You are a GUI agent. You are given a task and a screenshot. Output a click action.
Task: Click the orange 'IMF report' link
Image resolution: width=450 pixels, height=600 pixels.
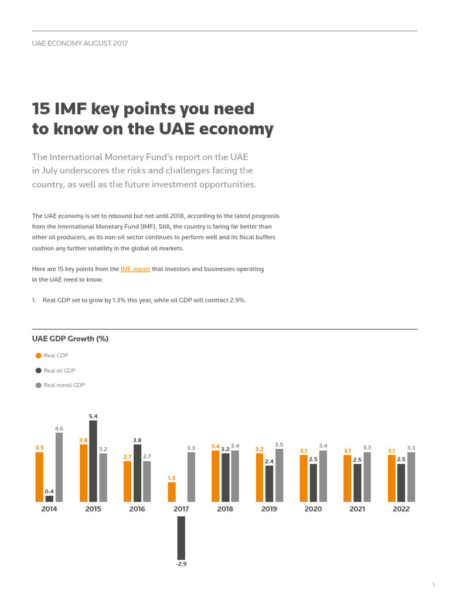(135, 269)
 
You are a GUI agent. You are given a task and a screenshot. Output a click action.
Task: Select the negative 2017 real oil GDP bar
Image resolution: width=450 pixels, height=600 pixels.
(181, 537)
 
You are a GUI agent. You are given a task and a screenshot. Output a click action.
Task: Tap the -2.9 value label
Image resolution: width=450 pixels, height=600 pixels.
(181, 564)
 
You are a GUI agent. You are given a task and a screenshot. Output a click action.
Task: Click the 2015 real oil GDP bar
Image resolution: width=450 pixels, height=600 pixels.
(93, 461)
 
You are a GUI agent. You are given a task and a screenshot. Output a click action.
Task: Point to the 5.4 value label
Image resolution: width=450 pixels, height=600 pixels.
(93, 416)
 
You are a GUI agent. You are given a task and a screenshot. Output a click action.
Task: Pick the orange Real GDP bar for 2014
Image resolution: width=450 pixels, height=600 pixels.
(39, 476)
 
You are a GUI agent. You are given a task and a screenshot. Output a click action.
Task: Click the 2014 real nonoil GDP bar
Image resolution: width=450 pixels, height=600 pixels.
(59, 467)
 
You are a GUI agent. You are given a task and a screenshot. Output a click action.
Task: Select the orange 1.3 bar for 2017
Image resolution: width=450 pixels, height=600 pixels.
(172, 492)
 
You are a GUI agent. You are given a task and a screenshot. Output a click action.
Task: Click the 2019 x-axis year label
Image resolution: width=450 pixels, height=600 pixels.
(269, 509)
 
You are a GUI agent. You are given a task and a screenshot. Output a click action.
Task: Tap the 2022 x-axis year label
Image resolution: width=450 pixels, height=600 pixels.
(401, 509)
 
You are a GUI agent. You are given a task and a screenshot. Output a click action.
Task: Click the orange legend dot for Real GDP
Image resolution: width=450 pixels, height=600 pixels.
(39, 356)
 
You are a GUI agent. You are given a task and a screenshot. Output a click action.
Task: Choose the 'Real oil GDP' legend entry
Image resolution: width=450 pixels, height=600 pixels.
(59, 370)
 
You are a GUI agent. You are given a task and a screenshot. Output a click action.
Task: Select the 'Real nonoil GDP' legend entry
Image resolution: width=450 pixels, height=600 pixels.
(64, 385)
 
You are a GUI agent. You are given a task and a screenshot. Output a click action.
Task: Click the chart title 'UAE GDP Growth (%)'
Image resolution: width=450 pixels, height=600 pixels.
(70, 339)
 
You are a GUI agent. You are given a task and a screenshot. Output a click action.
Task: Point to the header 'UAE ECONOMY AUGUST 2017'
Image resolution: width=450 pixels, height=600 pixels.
(80, 43)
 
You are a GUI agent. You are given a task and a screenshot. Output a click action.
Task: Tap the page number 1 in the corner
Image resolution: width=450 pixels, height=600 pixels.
(433, 585)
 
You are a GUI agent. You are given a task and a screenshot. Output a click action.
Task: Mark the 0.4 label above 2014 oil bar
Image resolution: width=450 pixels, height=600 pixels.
(49, 491)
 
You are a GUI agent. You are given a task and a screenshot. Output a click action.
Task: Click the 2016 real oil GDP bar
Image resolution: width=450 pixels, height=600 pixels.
(137, 473)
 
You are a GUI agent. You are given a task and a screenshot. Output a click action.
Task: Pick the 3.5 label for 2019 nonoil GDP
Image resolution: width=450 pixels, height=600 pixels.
(279, 445)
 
